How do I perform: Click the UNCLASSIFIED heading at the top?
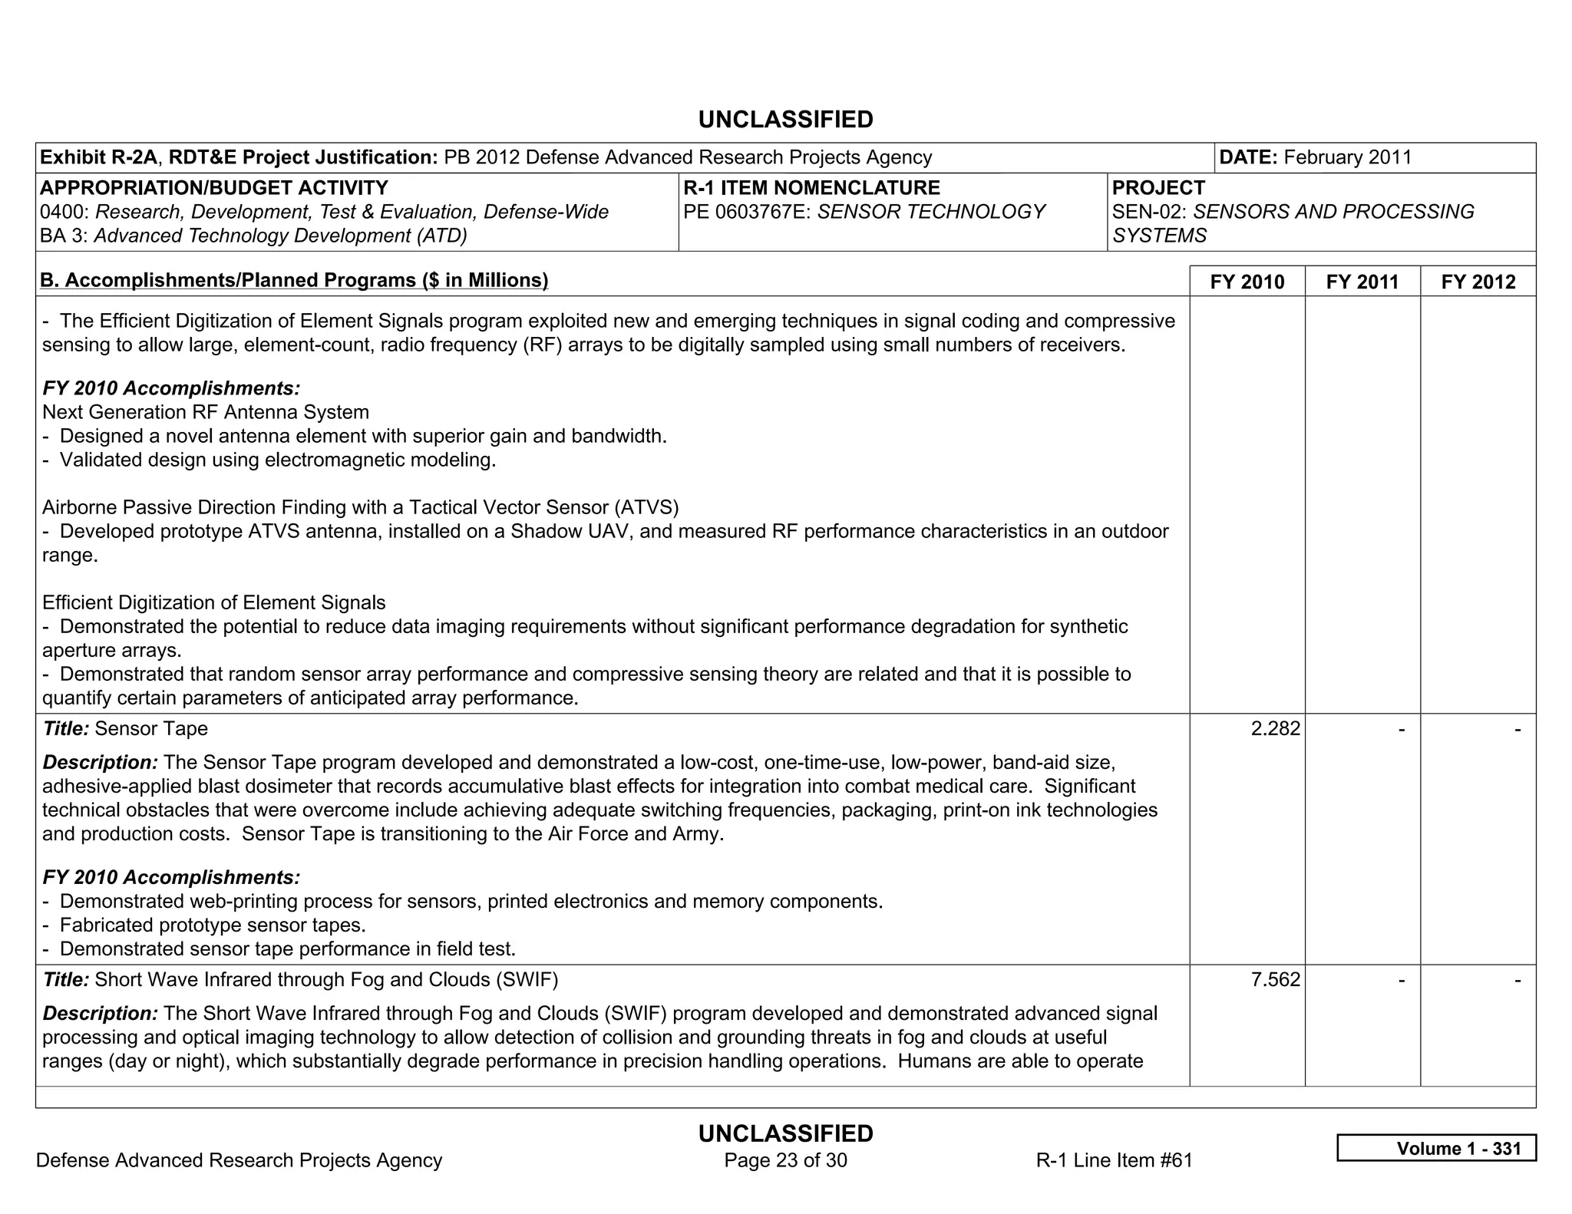(x=785, y=120)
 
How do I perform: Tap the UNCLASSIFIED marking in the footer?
(x=785, y=1133)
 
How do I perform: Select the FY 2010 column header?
(x=1247, y=282)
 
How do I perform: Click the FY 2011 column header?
(x=1362, y=282)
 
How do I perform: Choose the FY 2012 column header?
(x=1478, y=282)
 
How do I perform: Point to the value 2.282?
(x=1275, y=728)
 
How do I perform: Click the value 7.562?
(x=1275, y=979)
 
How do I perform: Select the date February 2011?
(x=1347, y=157)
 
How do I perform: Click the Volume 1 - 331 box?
(x=1436, y=1148)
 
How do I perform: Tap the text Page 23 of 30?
(x=785, y=1160)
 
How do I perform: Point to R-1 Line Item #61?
(x=1114, y=1160)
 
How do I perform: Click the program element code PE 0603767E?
(x=746, y=212)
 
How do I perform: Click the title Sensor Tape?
(x=151, y=728)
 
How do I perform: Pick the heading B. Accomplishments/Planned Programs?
(x=294, y=280)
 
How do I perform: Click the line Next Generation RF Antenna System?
(x=206, y=412)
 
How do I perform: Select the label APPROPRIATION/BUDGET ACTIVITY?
(x=214, y=188)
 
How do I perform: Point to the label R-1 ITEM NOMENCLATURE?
(x=811, y=188)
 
